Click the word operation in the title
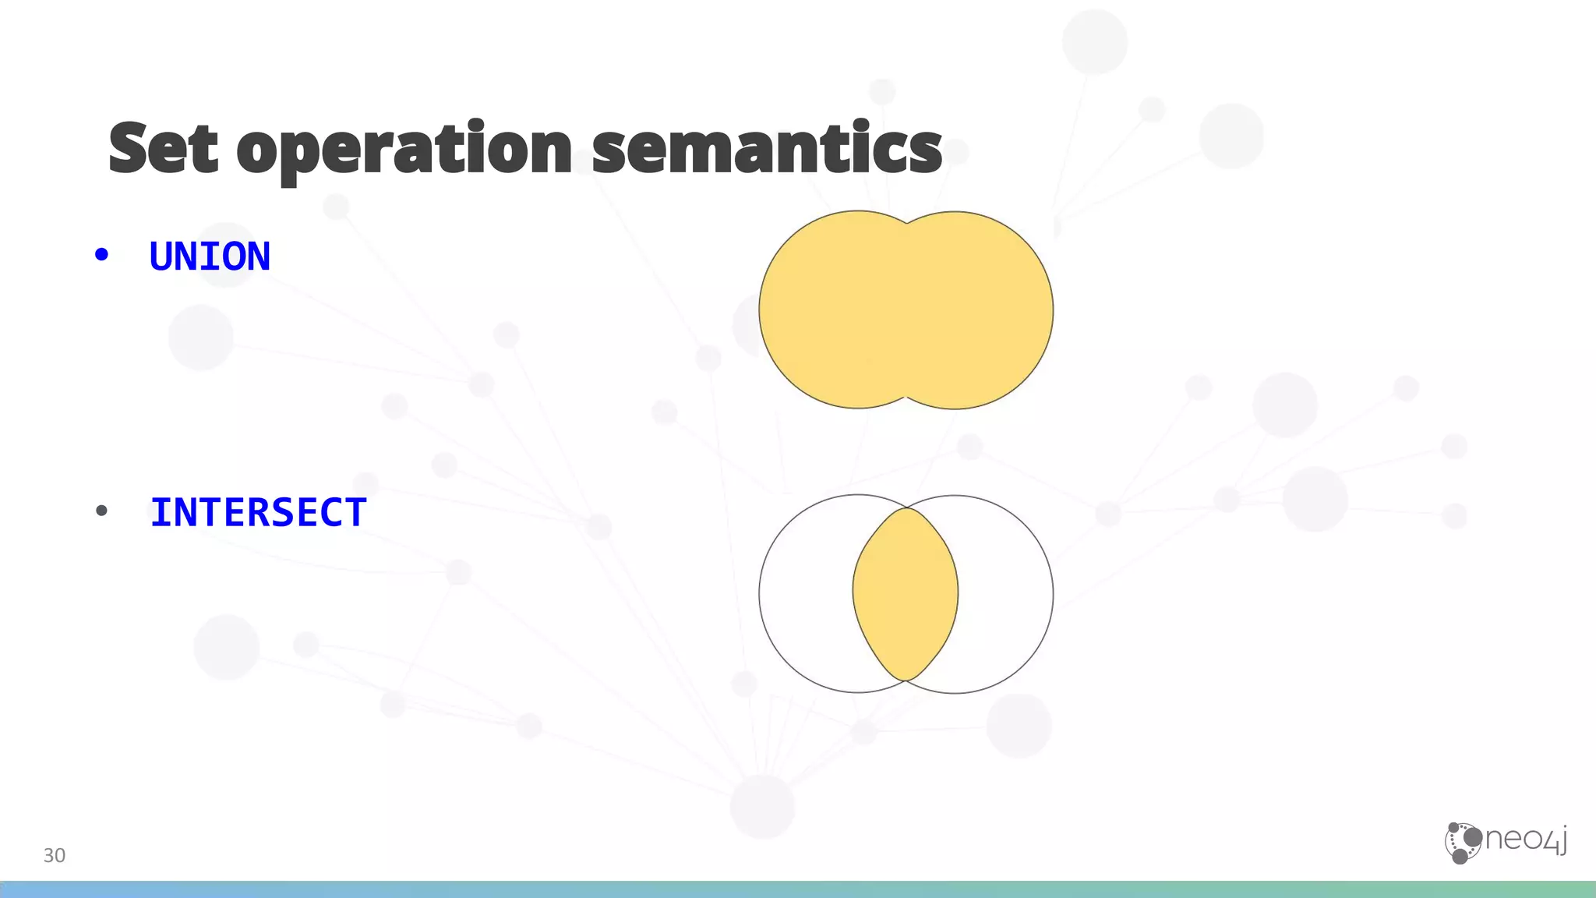[x=404, y=150]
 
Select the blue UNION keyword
[x=210, y=256]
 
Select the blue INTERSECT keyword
[x=258, y=513]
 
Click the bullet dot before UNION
[x=101, y=255]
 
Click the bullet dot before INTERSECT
[x=101, y=511]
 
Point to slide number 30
[x=54, y=855]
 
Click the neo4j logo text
[x=1526, y=840]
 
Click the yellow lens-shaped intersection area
[x=906, y=594]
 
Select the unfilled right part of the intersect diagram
[x=1006, y=594]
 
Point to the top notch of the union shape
[x=906, y=224]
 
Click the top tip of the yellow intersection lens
[x=906, y=509]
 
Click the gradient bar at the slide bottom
[x=798, y=889]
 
